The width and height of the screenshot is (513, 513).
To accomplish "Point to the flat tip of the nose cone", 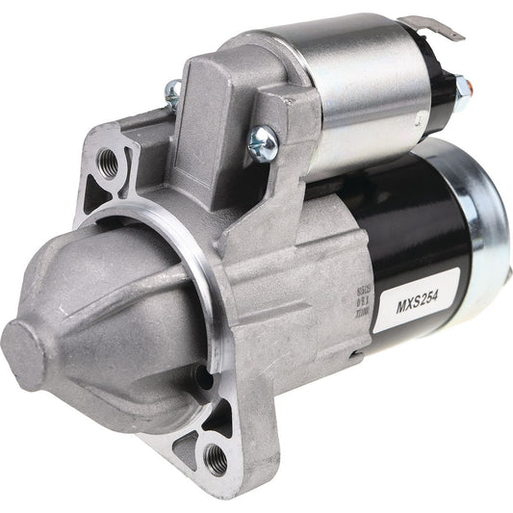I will (x=22, y=340).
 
